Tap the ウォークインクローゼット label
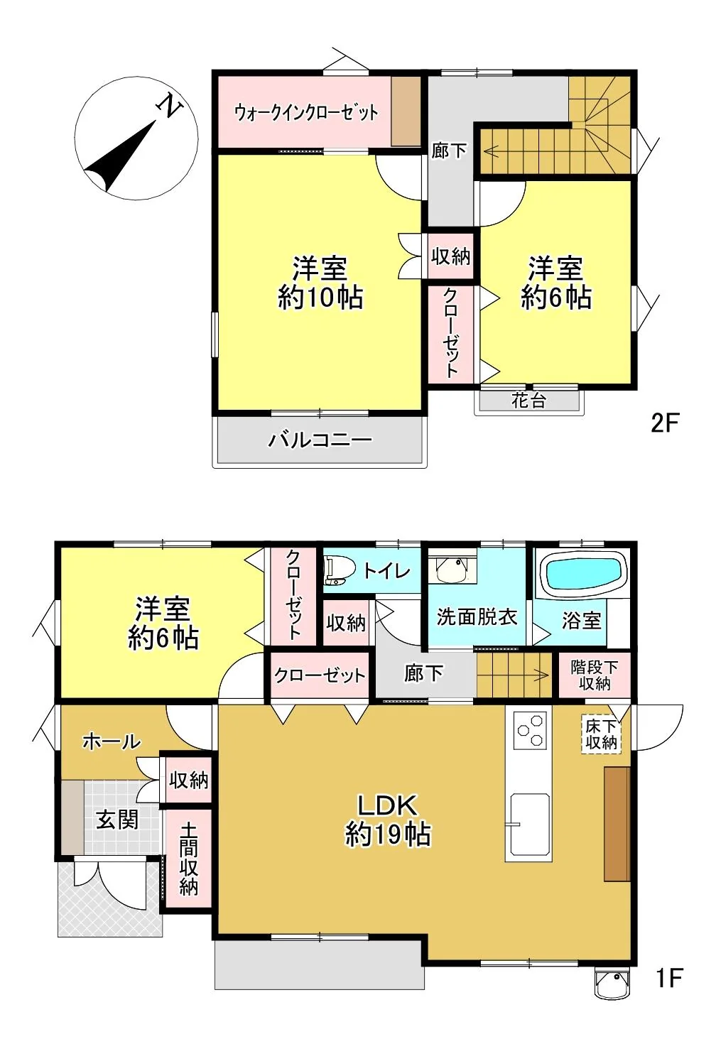point(305,112)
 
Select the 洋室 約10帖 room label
point(320,283)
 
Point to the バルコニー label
point(320,440)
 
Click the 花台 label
point(528,401)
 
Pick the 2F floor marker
point(664,423)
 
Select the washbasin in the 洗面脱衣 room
point(451,569)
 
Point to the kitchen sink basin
point(530,825)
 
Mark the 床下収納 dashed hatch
point(602,734)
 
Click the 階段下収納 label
point(595,675)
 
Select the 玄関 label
point(117,820)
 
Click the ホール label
point(112,741)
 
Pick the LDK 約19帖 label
point(387,820)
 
